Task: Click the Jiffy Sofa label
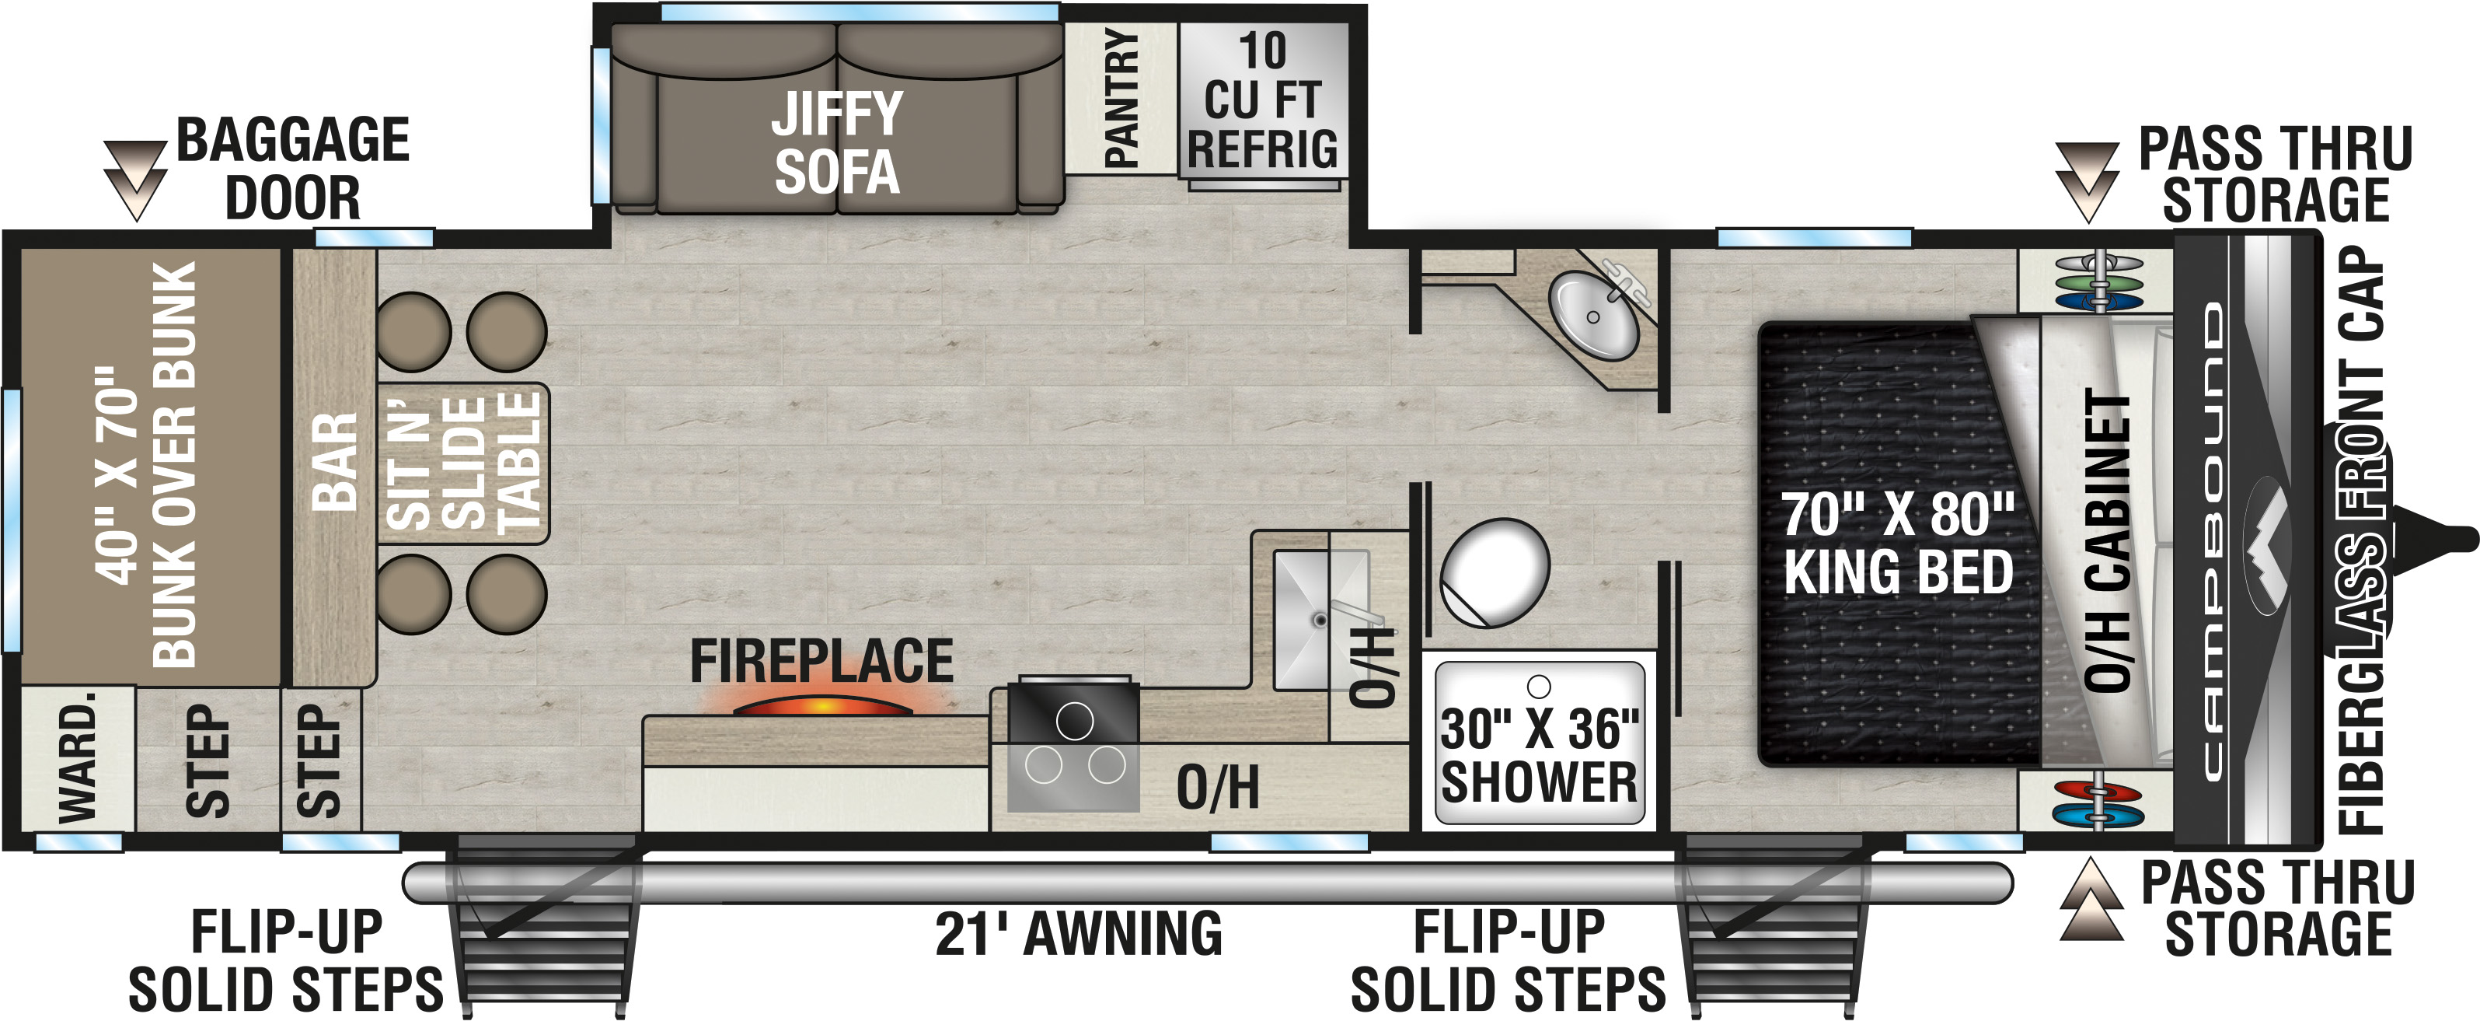[836, 142]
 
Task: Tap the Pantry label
[1121, 97]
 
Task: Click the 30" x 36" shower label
[1539, 755]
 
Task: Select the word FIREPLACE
[821, 661]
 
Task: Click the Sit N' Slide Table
[463, 463]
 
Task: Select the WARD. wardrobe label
[77, 757]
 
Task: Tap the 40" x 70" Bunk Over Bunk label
[145, 465]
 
